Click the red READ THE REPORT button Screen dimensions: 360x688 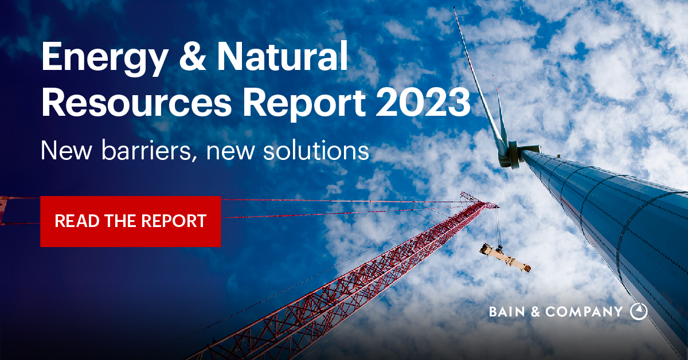coord(130,221)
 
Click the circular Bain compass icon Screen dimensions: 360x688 coord(638,311)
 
